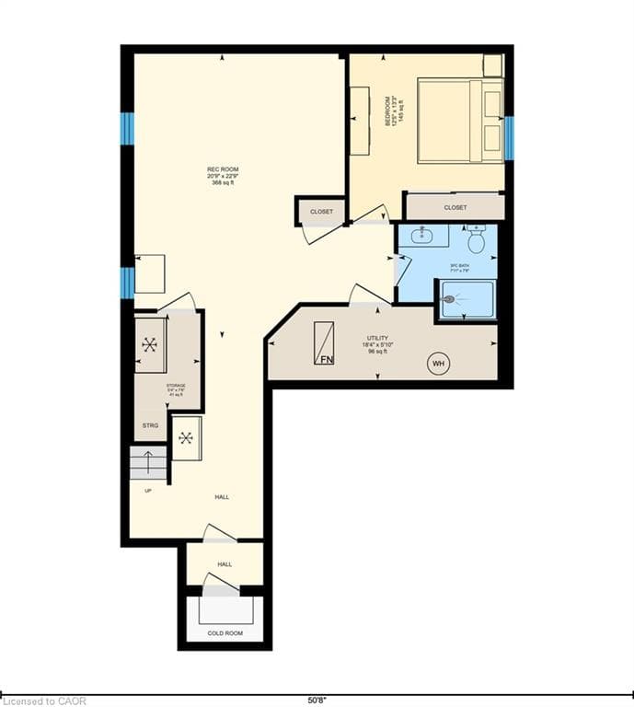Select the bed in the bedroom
coord(461,121)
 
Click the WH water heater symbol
coord(438,364)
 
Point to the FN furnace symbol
coord(324,344)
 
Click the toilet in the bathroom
coord(476,240)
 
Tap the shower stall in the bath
coord(467,299)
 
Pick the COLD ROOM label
coord(225,633)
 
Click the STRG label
coord(150,425)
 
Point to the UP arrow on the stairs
coord(148,459)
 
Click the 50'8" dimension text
coord(316,700)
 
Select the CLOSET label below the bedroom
coord(455,208)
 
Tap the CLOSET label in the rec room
coord(321,212)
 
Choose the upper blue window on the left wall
coord(127,129)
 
